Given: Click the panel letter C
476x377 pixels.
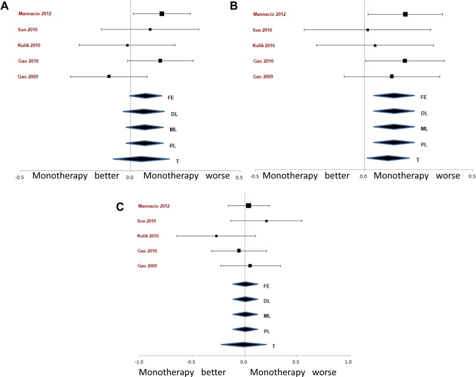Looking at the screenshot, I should [x=121, y=207].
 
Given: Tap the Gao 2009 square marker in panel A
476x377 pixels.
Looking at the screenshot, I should [x=109, y=77].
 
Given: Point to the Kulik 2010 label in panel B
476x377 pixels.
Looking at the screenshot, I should [x=264, y=45].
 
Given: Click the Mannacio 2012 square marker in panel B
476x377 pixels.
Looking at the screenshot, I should [x=405, y=13].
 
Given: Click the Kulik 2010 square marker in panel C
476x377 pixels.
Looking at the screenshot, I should [x=216, y=235].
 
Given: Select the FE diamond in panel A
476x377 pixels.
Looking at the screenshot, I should [x=145, y=96].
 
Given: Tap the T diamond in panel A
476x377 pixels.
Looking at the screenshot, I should [x=141, y=159].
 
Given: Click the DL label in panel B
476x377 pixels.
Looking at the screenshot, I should [x=424, y=113].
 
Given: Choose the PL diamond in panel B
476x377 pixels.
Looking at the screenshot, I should [x=393, y=143].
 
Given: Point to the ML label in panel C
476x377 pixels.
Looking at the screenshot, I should [x=267, y=316].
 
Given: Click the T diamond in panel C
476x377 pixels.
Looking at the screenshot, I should [x=244, y=345].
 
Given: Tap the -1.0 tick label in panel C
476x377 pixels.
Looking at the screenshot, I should [x=140, y=362].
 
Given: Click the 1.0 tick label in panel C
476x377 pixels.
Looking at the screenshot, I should [x=348, y=362].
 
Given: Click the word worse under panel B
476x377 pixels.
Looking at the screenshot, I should [x=448, y=176].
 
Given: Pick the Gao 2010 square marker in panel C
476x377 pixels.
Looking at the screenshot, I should [x=239, y=250].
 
